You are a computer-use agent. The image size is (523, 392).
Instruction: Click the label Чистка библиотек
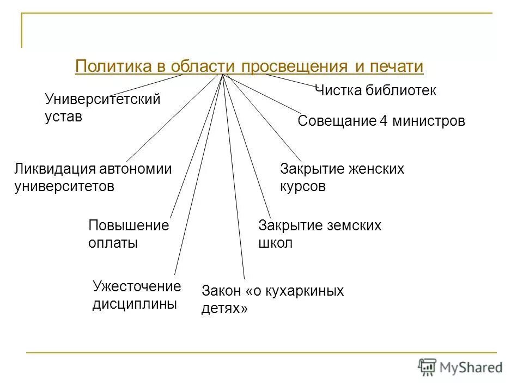(x=376, y=90)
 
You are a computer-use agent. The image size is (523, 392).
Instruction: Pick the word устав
(x=63, y=117)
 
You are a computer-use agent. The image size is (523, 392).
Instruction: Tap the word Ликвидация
(x=54, y=169)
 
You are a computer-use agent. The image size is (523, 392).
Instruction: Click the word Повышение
(x=129, y=225)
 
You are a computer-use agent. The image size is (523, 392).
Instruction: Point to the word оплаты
(x=113, y=243)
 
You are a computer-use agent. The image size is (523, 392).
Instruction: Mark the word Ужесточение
(x=136, y=286)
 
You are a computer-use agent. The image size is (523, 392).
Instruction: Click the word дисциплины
(x=135, y=304)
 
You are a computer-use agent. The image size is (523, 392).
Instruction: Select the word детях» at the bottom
(x=224, y=309)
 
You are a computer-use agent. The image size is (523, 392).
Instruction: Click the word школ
(x=276, y=243)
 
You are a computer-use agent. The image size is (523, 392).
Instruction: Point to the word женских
(x=374, y=169)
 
